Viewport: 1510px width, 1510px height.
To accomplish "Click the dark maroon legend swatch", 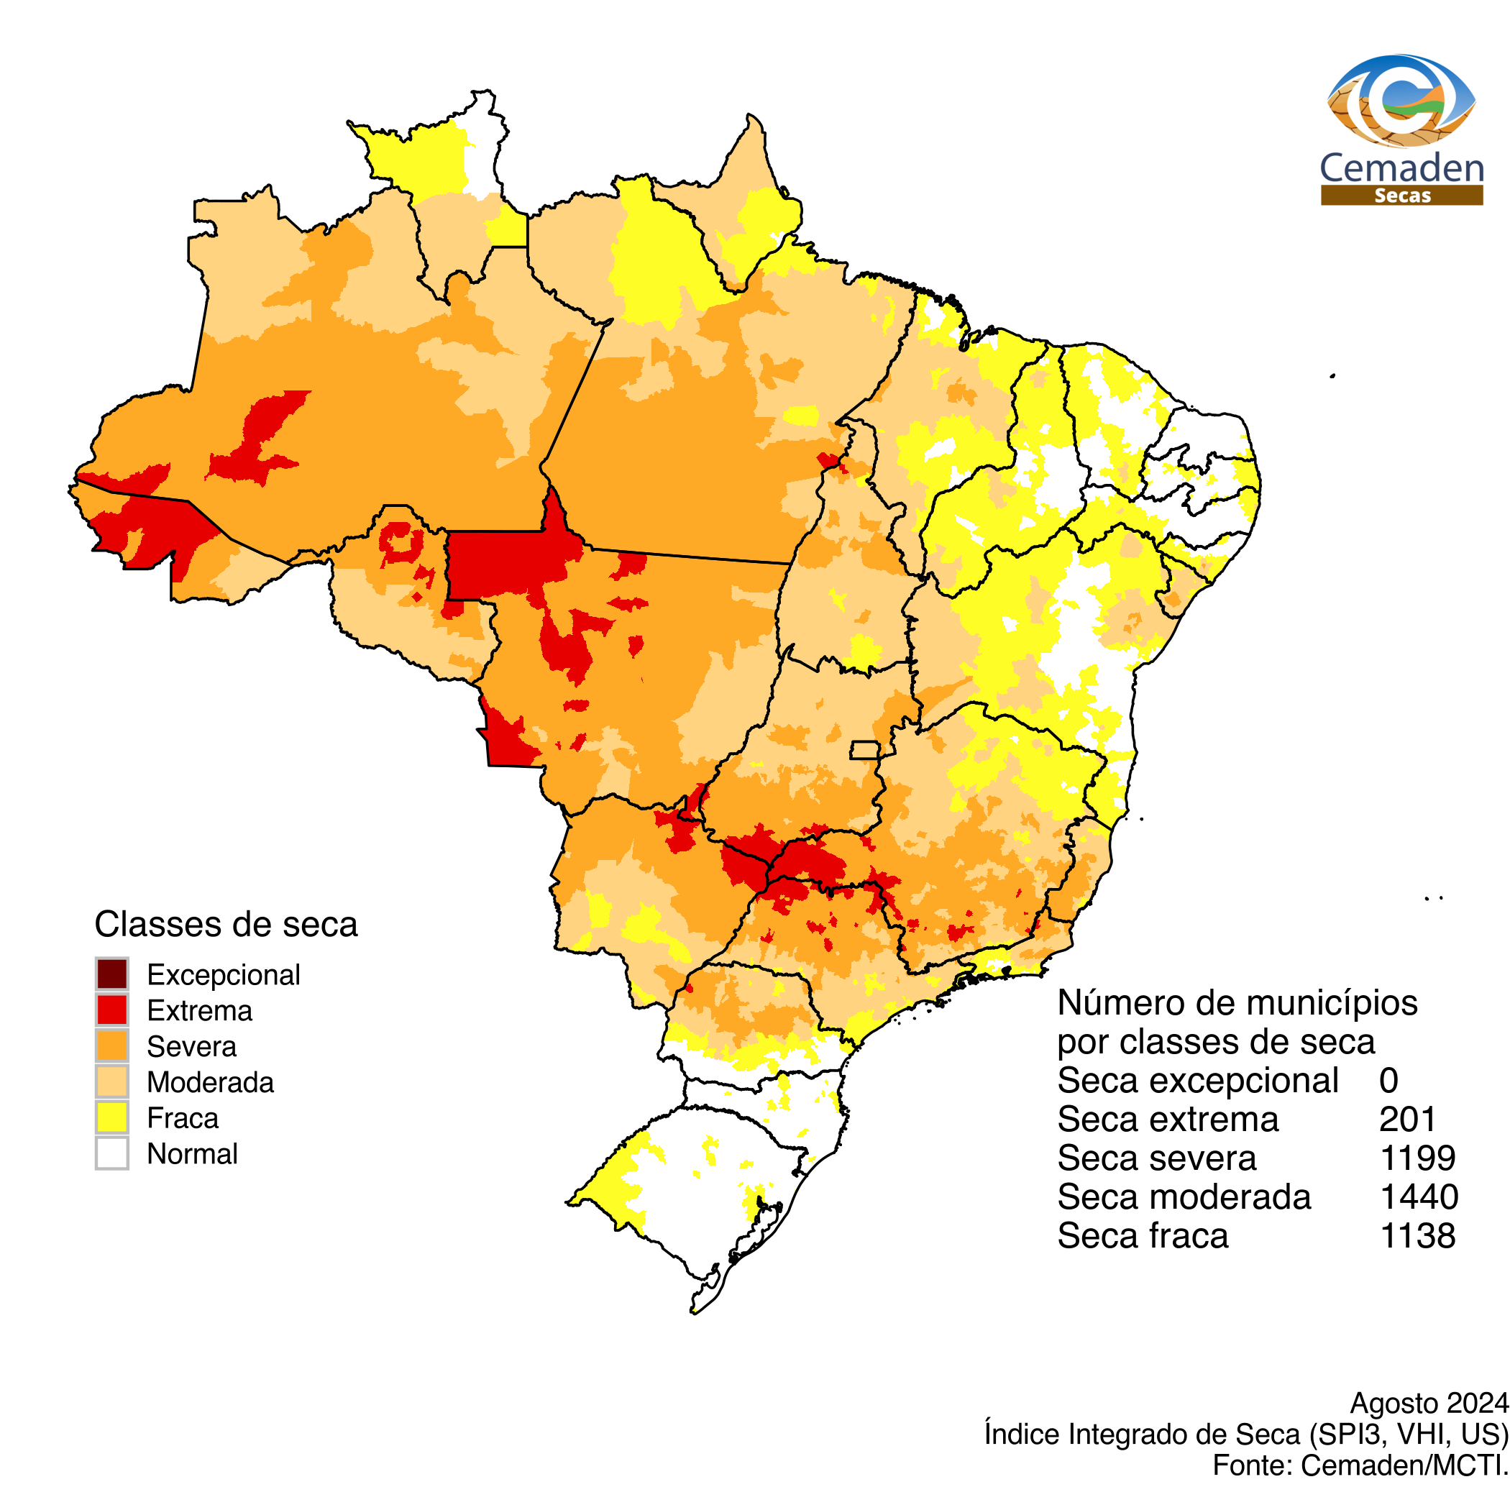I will [x=111, y=974].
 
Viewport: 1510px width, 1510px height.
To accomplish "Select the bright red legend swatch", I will [x=111, y=1010].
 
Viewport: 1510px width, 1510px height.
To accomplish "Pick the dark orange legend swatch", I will [x=111, y=1045].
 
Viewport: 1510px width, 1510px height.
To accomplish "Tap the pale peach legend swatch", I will [x=111, y=1081].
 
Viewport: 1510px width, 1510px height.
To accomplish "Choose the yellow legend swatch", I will [x=111, y=1117].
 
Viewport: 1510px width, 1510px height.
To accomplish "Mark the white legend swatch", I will [x=111, y=1153].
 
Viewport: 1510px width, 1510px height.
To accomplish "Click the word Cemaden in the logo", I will [x=1401, y=168].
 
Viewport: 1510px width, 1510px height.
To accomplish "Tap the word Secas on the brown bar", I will [x=1402, y=196].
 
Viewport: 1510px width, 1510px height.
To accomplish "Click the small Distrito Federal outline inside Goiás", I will [x=864, y=749].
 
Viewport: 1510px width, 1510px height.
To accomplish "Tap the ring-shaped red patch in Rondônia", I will [x=401, y=541].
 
